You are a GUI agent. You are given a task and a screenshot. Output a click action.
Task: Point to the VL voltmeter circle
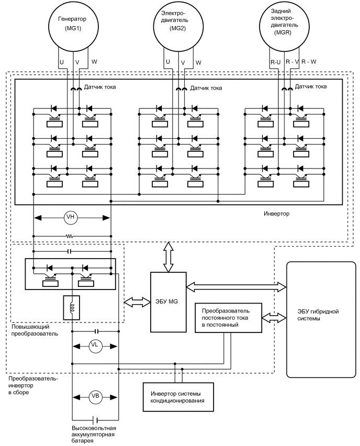click(x=95, y=344)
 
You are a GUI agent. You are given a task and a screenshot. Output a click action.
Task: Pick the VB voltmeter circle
click(x=95, y=396)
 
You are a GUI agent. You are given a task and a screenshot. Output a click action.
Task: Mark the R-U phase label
click(x=275, y=62)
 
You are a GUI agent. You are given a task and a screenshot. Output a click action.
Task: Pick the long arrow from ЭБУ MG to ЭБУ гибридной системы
click(x=236, y=285)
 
